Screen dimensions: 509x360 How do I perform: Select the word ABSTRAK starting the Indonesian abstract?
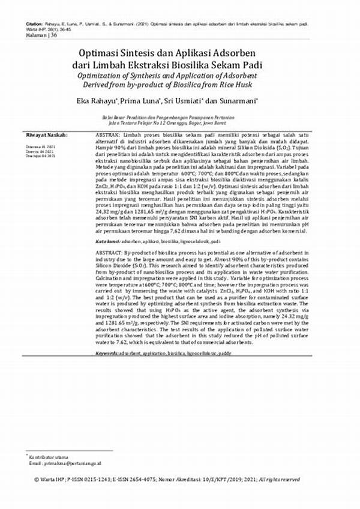(109, 136)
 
